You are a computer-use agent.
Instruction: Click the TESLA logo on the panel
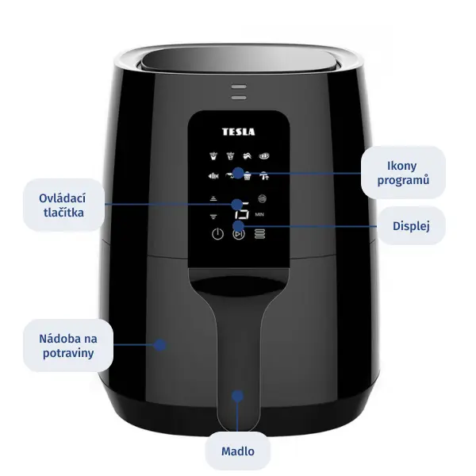click(x=238, y=132)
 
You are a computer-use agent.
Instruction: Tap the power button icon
click(x=217, y=234)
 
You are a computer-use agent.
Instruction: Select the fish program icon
click(x=213, y=176)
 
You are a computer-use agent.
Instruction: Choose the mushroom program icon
click(x=264, y=176)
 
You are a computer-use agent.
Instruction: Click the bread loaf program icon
click(x=264, y=156)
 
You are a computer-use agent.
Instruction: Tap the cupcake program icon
click(x=248, y=176)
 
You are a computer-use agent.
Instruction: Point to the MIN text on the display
click(x=259, y=214)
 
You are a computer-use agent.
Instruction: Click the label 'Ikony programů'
click(x=403, y=173)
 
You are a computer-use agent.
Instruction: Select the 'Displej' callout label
click(x=411, y=226)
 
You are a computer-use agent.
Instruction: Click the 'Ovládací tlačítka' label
click(x=63, y=205)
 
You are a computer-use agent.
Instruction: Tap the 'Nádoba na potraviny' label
click(x=68, y=345)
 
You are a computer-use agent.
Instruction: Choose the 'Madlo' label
click(x=238, y=451)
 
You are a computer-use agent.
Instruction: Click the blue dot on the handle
click(x=237, y=396)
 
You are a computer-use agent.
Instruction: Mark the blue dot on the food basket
click(x=159, y=345)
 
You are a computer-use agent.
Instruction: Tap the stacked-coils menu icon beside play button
click(x=259, y=234)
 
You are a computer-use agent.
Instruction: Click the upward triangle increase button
click(x=213, y=198)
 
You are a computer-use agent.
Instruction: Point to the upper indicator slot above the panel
click(x=239, y=86)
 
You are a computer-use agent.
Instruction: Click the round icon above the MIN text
click(x=263, y=198)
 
